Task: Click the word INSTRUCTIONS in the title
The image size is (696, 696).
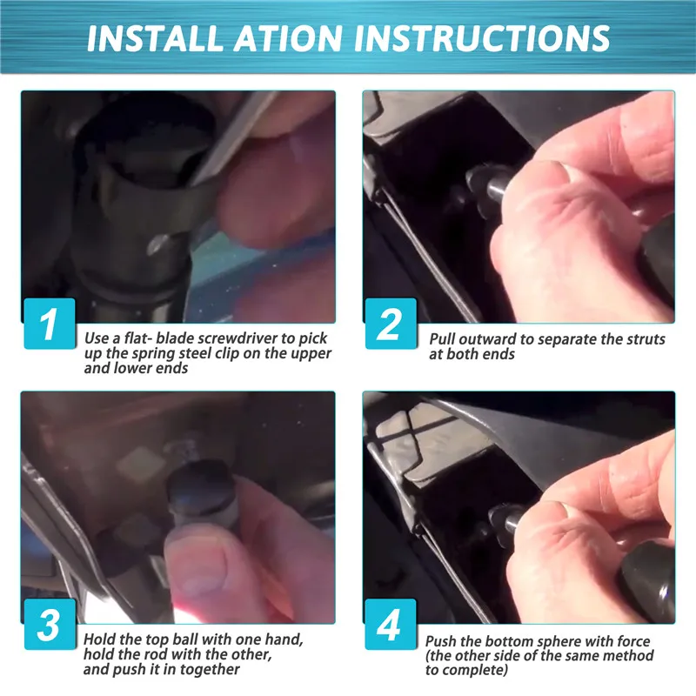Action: click(x=482, y=38)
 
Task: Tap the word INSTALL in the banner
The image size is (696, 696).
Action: click(x=155, y=38)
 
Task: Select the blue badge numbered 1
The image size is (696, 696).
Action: click(x=50, y=323)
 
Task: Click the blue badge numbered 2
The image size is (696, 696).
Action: click(x=391, y=323)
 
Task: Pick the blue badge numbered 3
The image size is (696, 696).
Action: click(x=50, y=624)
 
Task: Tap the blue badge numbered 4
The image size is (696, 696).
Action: click(x=391, y=624)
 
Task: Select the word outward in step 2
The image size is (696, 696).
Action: click(x=487, y=339)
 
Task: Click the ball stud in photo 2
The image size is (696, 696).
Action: click(x=487, y=185)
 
